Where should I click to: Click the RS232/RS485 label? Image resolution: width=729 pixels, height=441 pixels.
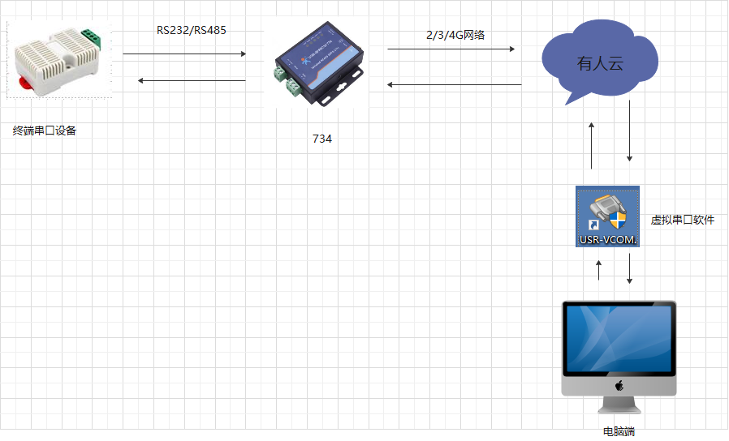click(x=192, y=30)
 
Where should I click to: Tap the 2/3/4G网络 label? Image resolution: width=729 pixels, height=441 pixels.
click(x=455, y=34)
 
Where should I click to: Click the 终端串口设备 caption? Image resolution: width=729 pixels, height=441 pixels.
click(x=45, y=131)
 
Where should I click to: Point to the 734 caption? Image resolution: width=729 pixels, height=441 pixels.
click(x=322, y=139)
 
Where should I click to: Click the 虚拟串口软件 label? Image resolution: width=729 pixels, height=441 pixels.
click(x=683, y=220)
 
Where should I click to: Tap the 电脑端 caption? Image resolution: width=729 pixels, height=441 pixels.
click(x=619, y=431)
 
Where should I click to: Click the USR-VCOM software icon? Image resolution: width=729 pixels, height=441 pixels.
click(x=608, y=216)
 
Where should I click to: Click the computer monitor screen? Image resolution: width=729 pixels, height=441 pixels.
click(x=619, y=340)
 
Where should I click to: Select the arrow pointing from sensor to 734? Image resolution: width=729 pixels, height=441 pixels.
click(x=184, y=54)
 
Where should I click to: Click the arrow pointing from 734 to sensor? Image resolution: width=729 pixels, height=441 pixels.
click(x=192, y=80)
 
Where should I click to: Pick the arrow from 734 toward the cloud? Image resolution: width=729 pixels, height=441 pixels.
click(x=451, y=49)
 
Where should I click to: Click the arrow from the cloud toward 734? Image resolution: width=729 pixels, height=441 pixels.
click(x=454, y=84)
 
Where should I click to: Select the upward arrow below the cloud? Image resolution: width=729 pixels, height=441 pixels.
click(x=592, y=145)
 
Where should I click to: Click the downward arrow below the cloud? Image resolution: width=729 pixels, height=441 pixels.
click(x=630, y=138)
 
